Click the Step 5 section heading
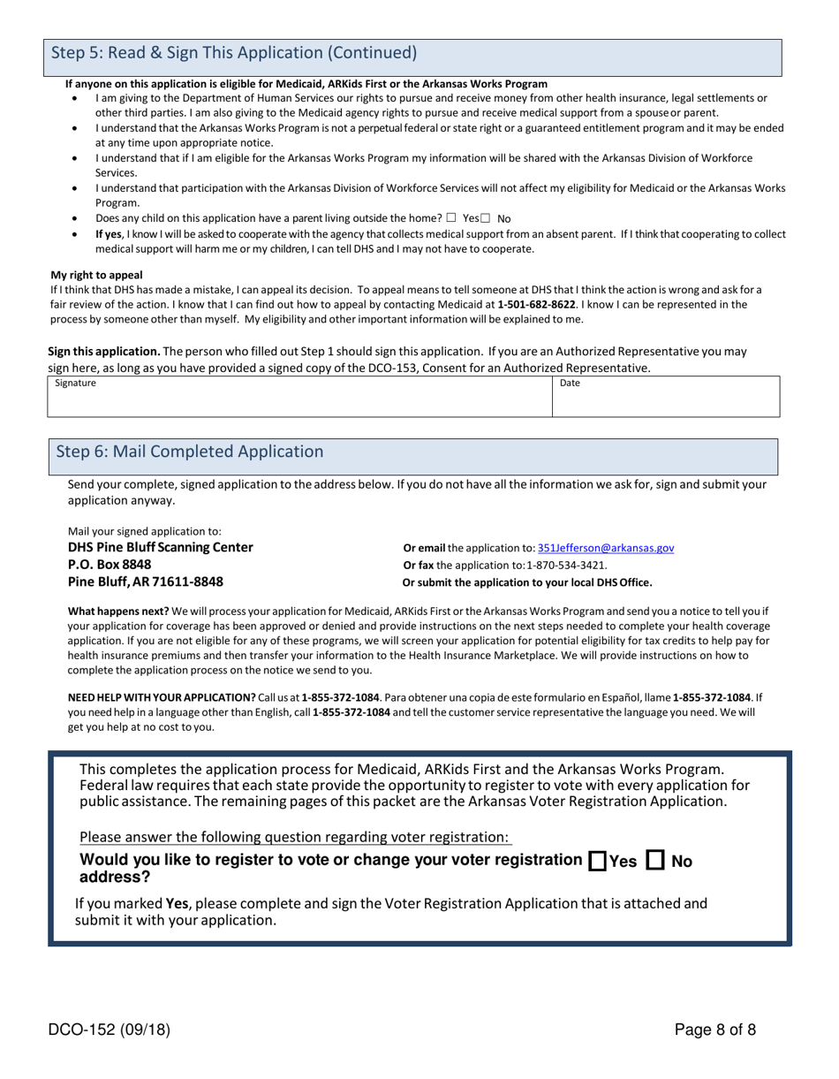(234, 53)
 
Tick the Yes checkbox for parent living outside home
(451, 217)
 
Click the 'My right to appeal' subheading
(96, 275)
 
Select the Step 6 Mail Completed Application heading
(190, 452)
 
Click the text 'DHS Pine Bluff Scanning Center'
(161, 548)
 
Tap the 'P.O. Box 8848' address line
(110, 565)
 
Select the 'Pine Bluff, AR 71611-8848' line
(146, 581)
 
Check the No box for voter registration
(656, 860)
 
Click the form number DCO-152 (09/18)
(110, 1029)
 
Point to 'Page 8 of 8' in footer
(714, 1029)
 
